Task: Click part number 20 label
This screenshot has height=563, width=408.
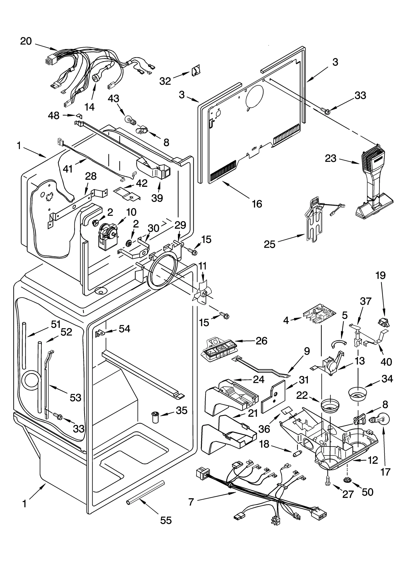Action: click(26, 41)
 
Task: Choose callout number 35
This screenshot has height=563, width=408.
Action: click(182, 411)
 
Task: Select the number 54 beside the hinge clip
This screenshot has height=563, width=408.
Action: click(124, 329)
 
